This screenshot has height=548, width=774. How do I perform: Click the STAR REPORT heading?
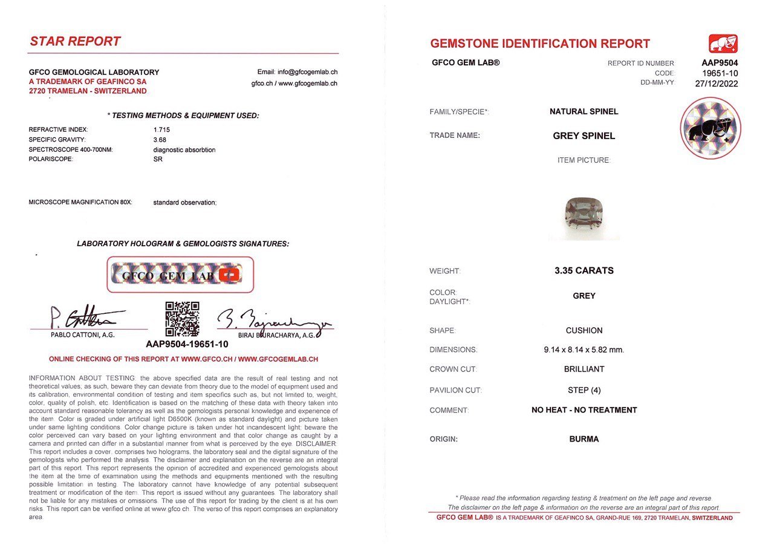click(x=76, y=42)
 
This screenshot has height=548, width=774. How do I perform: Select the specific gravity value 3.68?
click(x=160, y=140)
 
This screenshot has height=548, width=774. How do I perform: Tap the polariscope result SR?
click(x=158, y=159)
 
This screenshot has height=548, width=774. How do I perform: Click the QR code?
click(x=182, y=319)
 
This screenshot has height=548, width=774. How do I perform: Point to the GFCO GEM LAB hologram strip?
click(x=180, y=275)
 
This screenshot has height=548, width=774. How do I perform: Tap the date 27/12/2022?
click(x=717, y=83)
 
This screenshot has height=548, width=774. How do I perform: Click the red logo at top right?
click(x=723, y=44)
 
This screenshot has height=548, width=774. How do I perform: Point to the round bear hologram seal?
click(x=710, y=129)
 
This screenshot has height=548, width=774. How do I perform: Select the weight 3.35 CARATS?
click(x=584, y=271)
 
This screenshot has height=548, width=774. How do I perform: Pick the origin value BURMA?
click(x=584, y=439)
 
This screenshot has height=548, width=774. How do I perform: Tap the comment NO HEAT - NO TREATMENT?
click(x=584, y=410)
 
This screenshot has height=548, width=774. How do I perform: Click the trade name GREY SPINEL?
click(x=584, y=136)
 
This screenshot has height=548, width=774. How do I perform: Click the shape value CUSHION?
click(x=585, y=331)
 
